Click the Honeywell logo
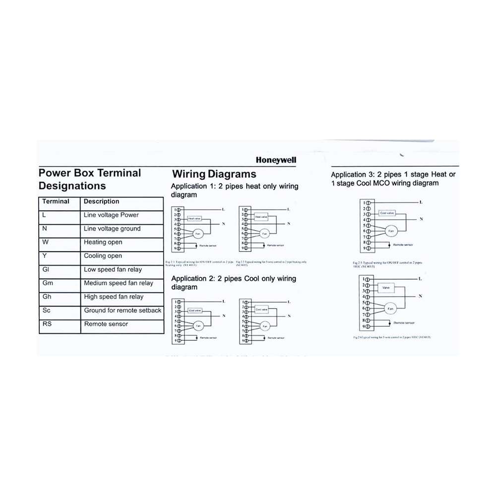coord(276,160)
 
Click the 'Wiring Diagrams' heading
coord(214,174)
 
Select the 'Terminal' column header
coord(56,201)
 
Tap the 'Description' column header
coord(101,201)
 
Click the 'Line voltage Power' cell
coord(111,215)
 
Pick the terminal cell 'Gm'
coord(48,283)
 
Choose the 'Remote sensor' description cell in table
coord(106,324)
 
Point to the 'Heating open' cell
coord(103,243)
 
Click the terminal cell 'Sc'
coord(47,310)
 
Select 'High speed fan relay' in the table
coord(114,297)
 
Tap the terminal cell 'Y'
coord(45,256)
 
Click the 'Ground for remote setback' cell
coord(123,310)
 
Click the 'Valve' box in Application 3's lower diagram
coord(385,288)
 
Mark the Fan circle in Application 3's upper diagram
coord(390,231)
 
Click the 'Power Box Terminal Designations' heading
coord(89,180)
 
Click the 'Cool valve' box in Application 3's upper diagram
coord(386,213)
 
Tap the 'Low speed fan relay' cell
coord(113,270)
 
